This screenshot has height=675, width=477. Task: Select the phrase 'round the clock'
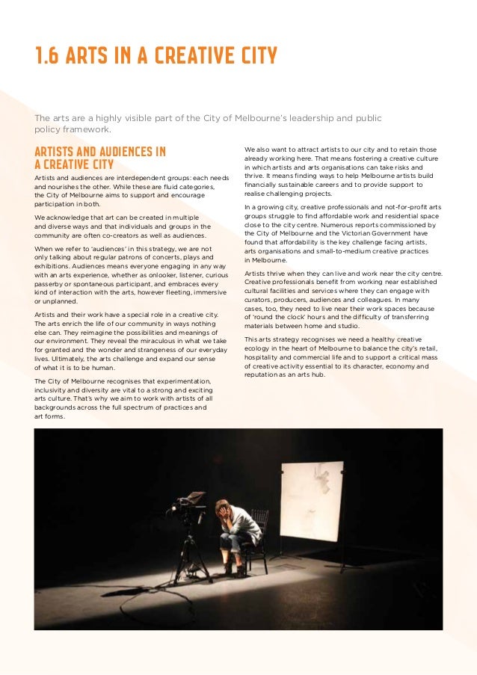(x=277, y=317)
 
